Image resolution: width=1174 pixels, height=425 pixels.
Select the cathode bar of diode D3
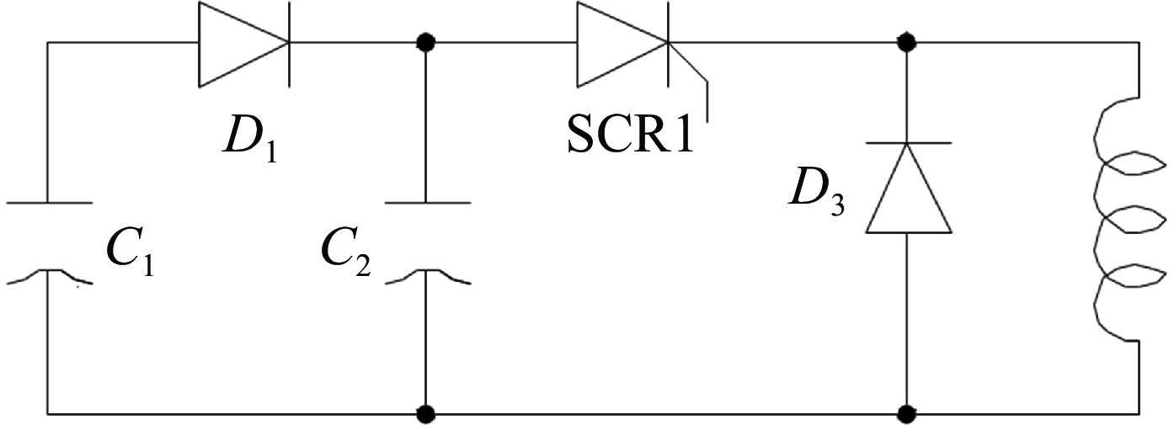(x=909, y=143)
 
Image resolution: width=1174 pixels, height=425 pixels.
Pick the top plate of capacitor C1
(x=48, y=203)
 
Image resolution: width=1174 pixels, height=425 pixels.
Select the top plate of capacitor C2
(x=427, y=203)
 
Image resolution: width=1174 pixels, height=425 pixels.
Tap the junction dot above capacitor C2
(x=427, y=41)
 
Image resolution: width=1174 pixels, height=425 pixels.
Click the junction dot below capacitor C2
(x=427, y=413)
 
